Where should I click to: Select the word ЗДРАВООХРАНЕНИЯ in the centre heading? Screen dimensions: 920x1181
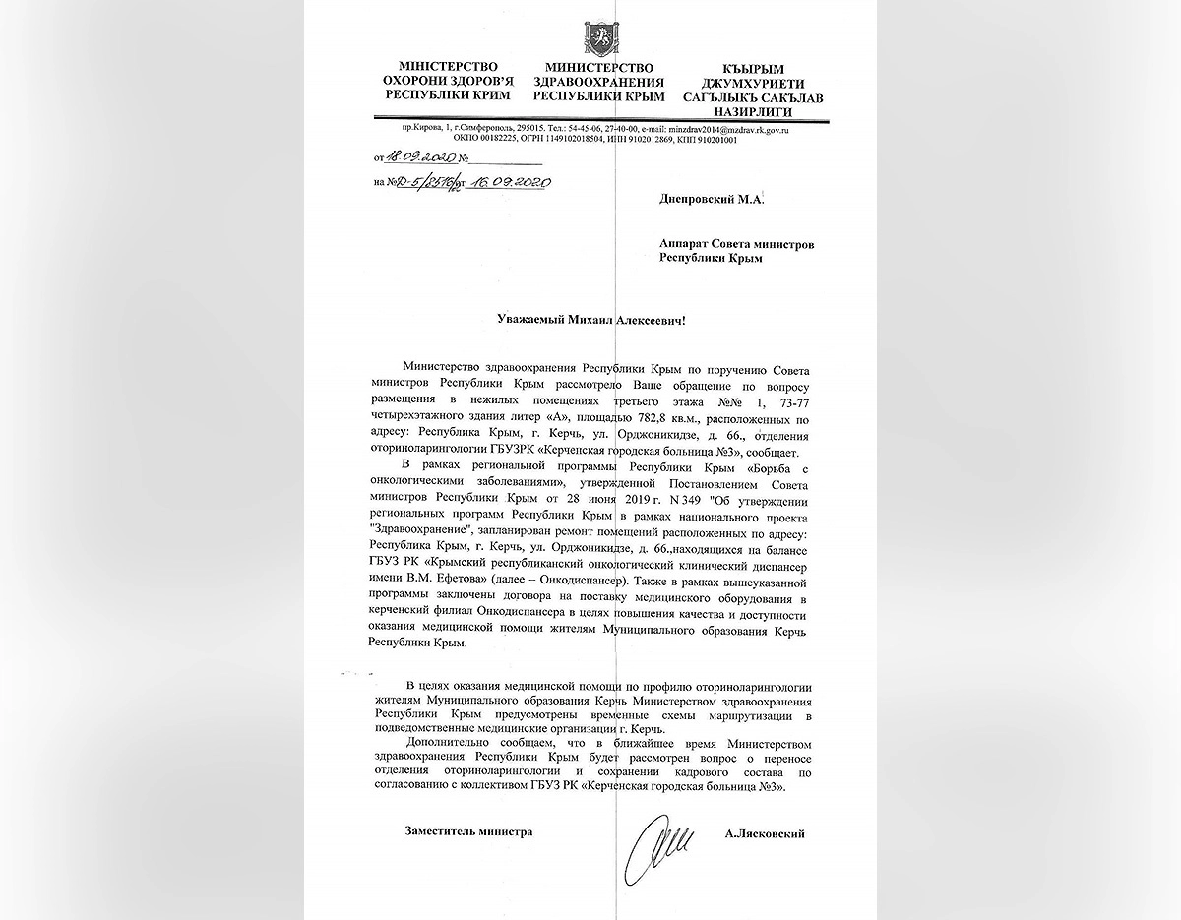coord(598,82)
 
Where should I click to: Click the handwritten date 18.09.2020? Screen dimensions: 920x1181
coord(417,155)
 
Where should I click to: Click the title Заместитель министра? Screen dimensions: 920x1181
coord(468,831)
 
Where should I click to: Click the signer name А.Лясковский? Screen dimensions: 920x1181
coord(763,832)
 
